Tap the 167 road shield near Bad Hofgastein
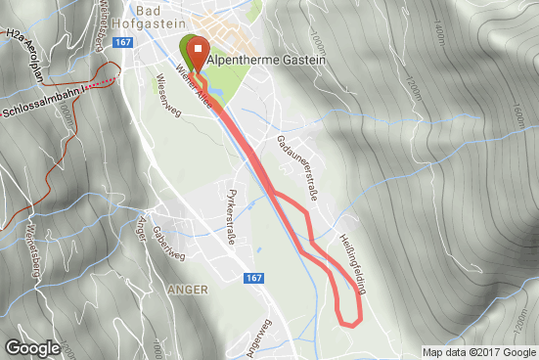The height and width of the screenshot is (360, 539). [122, 42]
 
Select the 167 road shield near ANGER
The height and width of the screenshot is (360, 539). [254, 279]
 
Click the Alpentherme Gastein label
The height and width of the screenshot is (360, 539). [265, 60]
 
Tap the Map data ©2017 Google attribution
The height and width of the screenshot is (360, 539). [478, 352]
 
